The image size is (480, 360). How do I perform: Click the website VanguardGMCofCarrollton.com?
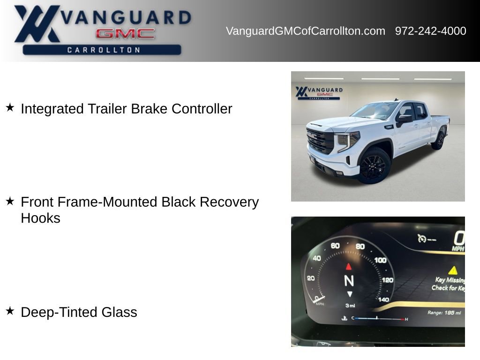305,31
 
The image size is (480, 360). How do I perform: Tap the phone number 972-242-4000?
430,31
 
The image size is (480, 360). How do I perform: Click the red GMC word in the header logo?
125,34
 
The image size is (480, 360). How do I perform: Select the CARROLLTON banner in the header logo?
102,50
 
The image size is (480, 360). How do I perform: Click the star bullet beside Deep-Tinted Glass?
10,311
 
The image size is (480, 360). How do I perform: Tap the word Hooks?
40,218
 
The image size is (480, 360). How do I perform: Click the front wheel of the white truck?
374,166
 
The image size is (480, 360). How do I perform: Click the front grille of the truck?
320,141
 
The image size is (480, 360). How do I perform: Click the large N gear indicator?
349,280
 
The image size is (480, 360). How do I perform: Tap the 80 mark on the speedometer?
360,247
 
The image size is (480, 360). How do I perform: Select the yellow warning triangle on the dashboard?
452,270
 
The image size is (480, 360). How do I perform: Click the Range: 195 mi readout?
444,313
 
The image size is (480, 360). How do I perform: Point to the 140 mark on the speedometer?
383,300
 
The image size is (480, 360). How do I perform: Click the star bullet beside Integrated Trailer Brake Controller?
10,108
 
